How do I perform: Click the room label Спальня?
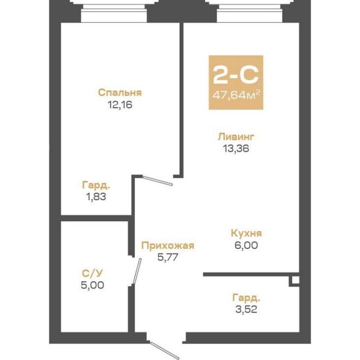click(120, 93)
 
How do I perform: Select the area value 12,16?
click(120, 105)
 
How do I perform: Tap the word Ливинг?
click(236, 136)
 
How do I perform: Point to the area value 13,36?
click(236, 149)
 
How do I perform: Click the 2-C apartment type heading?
click(236, 75)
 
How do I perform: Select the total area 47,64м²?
click(236, 95)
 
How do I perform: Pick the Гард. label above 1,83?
click(96, 185)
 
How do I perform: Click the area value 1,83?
click(96, 197)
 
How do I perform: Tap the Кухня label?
click(246, 233)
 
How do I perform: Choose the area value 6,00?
click(246, 245)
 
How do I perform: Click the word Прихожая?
click(168, 246)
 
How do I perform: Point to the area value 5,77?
click(168, 257)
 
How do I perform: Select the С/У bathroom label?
click(92, 273)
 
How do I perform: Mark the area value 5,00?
click(92, 285)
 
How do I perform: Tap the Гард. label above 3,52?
click(246, 298)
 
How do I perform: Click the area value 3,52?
click(246, 309)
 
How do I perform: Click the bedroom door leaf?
click(157, 180)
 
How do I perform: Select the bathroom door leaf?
click(137, 271)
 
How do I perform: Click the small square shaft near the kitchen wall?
click(295, 280)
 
